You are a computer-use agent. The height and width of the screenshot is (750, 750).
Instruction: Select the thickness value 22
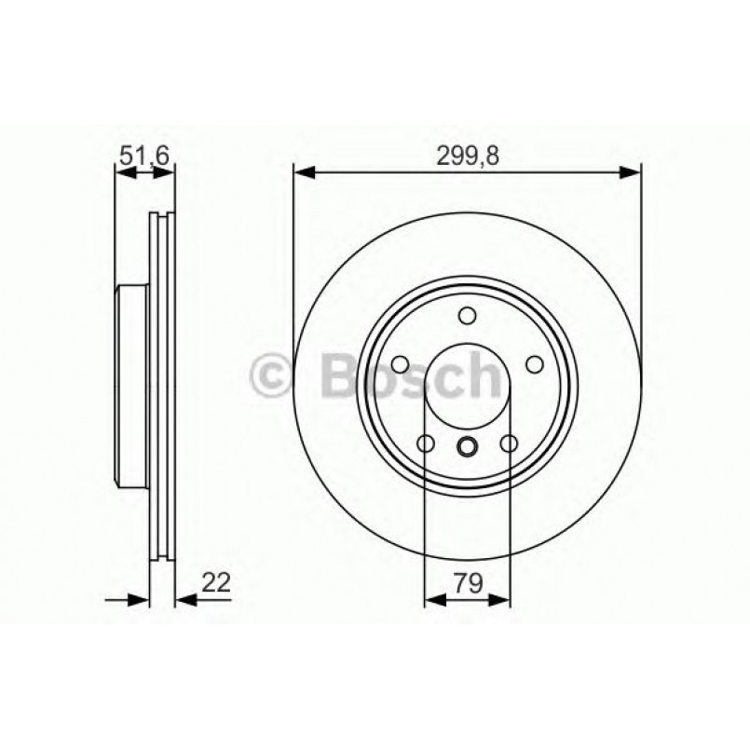[215, 584]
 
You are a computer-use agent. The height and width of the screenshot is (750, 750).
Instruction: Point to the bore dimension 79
[468, 584]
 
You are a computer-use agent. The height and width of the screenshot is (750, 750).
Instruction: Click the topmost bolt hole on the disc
[468, 316]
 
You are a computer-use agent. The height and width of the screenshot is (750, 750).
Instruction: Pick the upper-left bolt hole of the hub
[401, 364]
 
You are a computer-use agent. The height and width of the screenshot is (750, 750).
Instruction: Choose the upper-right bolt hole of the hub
[535, 364]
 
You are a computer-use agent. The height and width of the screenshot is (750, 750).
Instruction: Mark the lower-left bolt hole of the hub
[426, 443]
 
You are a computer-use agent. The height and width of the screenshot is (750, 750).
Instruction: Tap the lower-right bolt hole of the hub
[509, 443]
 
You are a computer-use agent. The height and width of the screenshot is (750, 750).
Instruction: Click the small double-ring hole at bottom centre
[468, 446]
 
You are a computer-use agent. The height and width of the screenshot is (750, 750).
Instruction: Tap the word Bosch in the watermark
[410, 377]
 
